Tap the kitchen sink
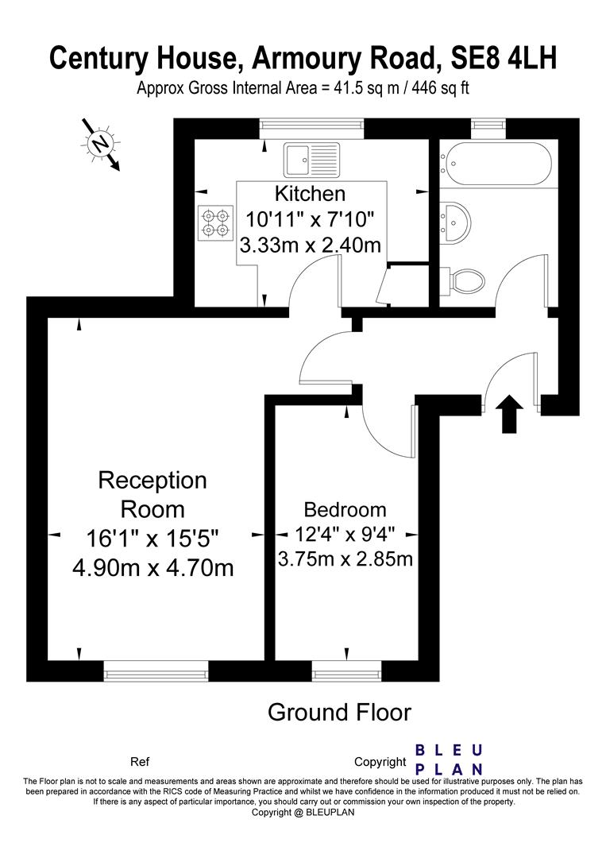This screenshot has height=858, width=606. point(311,160)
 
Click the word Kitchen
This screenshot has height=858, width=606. point(310,193)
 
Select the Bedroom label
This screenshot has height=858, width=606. point(345,509)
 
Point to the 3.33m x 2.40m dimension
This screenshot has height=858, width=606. point(310,245)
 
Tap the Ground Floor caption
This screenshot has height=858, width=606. point(339,712)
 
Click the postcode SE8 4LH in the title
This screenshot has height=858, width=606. point(504,58)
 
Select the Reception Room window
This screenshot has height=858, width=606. point(156,672)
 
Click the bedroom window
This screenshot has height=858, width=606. point(347,672)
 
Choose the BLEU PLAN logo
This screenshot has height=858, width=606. point(450,759)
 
